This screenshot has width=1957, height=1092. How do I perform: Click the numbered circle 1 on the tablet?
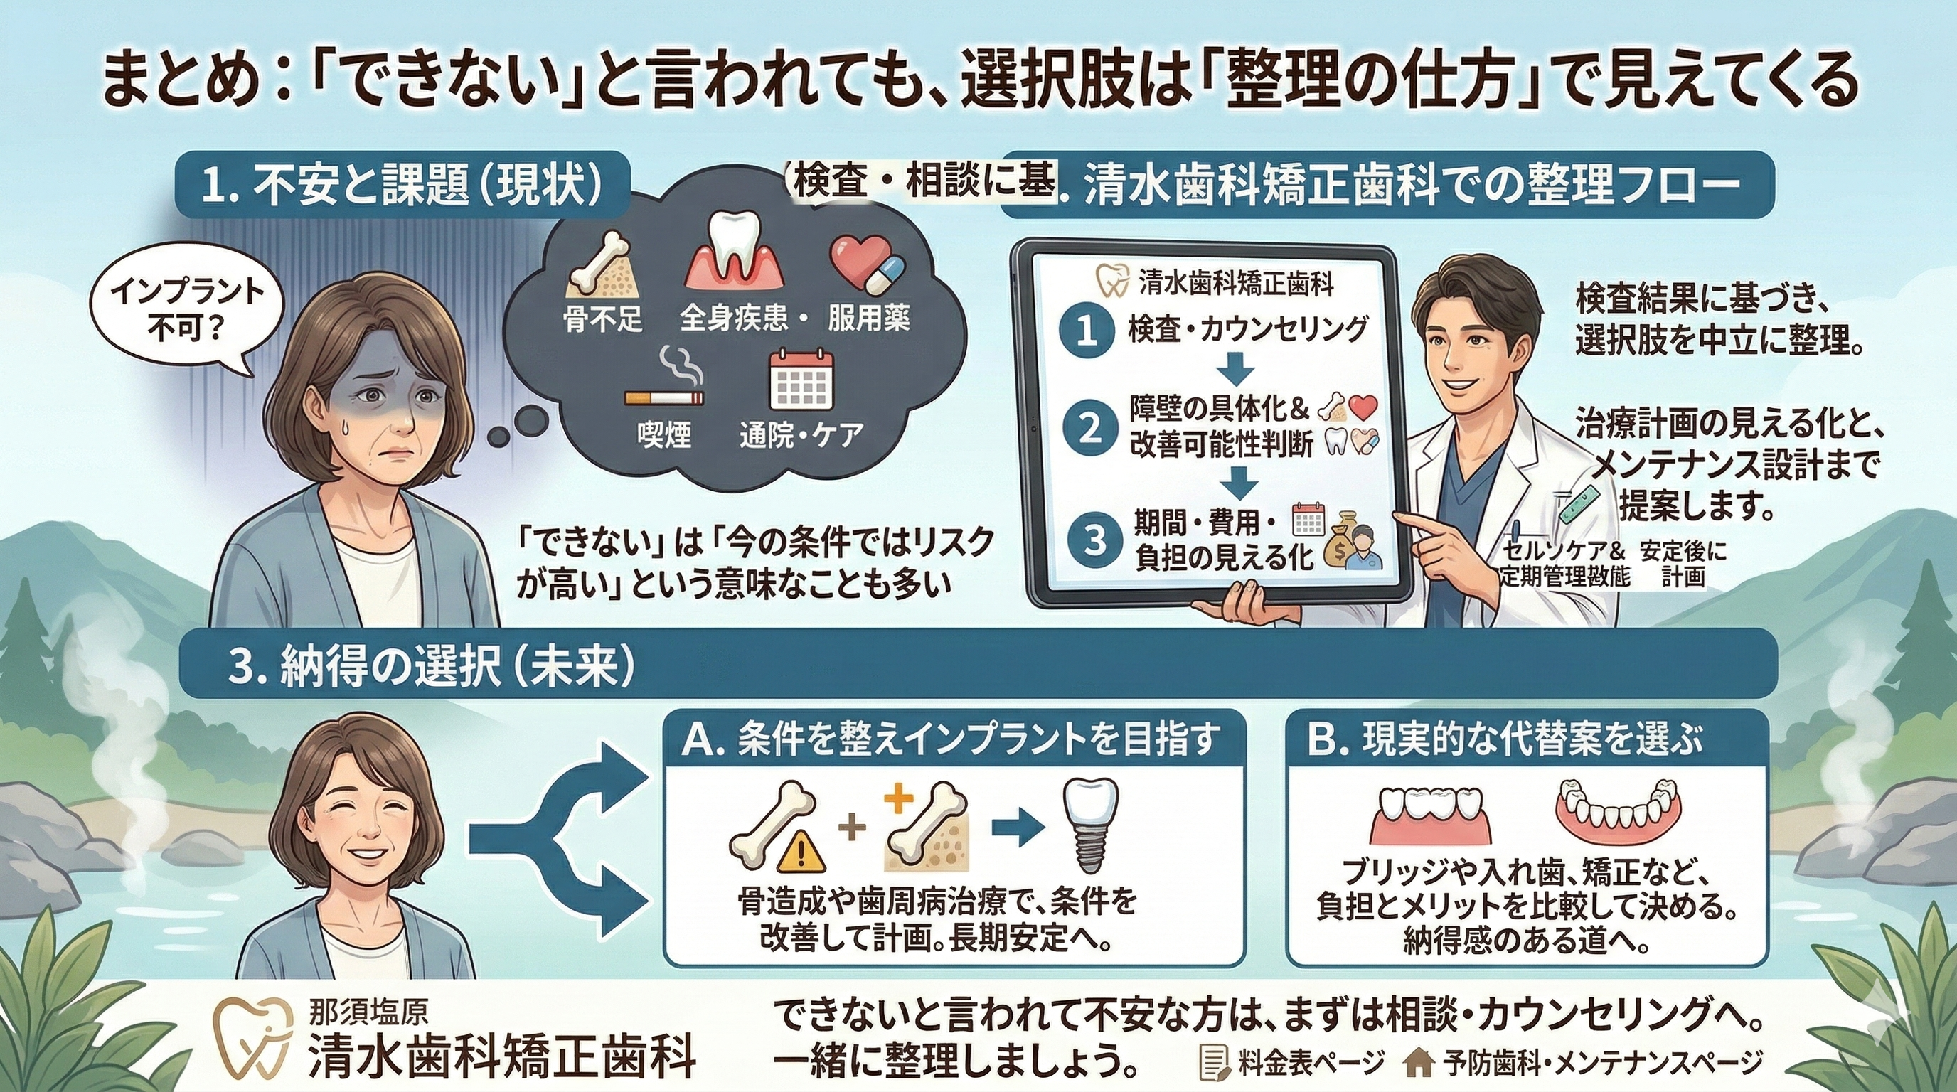click(1087, 333)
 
